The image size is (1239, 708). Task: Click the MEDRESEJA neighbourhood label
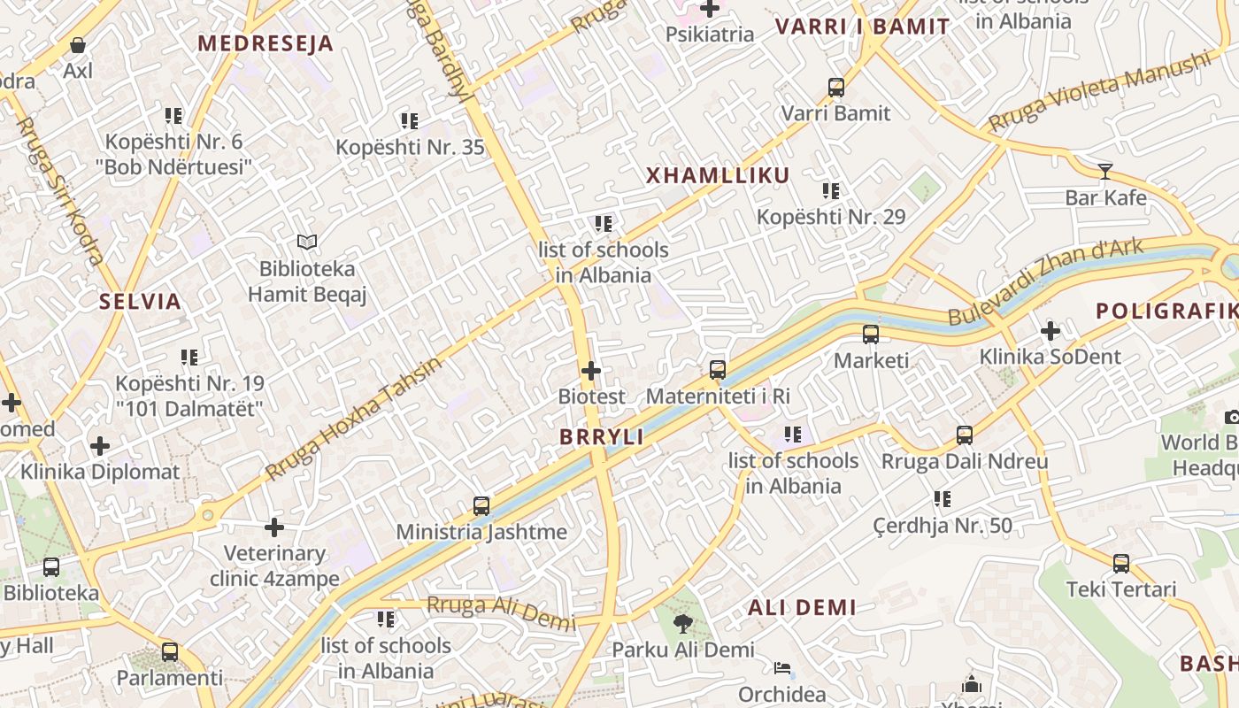pos(265,43)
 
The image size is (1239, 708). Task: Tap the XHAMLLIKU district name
pos(718,175)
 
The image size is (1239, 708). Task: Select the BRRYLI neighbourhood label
pos(602,437)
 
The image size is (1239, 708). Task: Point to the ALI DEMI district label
pos(802,608)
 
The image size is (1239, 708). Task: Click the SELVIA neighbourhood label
pos(140,302)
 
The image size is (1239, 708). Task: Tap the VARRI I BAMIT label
pos(862,27)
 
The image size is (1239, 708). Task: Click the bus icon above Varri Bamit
pos(836,88)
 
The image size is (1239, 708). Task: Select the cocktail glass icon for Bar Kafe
pos(1104,171)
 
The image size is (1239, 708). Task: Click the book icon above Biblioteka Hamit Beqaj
pos(307,242)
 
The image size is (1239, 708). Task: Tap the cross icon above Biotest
pos(591,371)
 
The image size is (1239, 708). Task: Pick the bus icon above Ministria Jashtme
pos(481,506)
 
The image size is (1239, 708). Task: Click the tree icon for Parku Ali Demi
pos(682,624)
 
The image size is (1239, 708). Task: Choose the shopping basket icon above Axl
pos(78,45)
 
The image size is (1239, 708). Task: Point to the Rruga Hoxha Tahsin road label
pos(353,419)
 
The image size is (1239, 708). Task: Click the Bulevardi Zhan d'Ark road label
pos(1045,282)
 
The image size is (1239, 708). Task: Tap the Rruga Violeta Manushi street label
pos(1098,91)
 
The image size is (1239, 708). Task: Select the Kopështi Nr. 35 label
pos(410,147)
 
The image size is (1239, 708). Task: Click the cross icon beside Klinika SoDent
pos(1050,331)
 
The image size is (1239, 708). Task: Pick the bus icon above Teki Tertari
pos(1121,564)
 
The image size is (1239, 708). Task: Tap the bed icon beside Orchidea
pos(782,667)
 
